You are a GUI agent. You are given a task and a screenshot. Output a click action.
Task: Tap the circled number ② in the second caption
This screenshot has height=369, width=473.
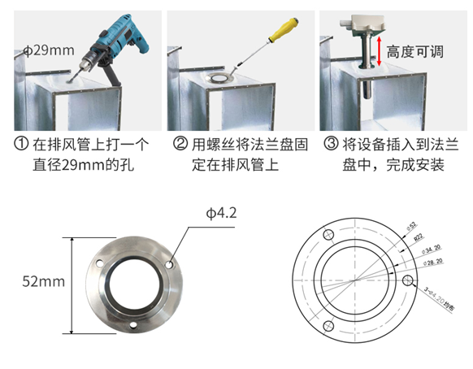click(x=179, y=145)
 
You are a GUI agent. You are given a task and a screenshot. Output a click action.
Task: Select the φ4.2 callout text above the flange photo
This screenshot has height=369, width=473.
click(x=220, y=214)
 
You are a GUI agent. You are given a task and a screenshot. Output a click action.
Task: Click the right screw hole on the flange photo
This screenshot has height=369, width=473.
click(x=170, y=264)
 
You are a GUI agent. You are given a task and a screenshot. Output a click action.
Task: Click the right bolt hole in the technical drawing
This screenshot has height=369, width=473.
click(x=407, y=280)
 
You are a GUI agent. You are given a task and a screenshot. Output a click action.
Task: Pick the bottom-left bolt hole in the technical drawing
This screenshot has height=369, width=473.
click(x=330, y=327)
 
